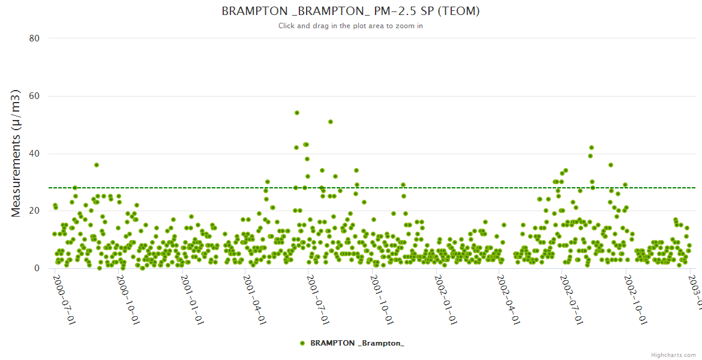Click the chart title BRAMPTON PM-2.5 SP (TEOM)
(350, 11)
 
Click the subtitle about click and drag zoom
(350, 26)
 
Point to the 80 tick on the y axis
(34, 38)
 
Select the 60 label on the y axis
(34, 96)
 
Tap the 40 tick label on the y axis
(34, 154)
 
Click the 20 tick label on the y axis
(34, 211)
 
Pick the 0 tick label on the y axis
(37, 268)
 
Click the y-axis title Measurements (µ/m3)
(16, 153)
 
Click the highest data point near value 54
(296, 113)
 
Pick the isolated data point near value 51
(331, 122)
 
